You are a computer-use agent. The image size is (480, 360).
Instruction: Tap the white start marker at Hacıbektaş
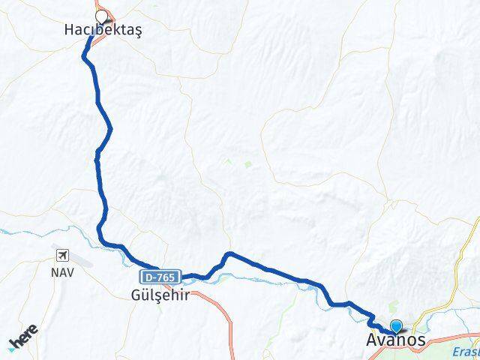[101, 14]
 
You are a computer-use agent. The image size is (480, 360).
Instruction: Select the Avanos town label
[397, 340]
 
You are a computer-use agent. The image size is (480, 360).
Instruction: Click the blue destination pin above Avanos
[396, 326]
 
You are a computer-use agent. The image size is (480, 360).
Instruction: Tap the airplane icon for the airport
[61, 253]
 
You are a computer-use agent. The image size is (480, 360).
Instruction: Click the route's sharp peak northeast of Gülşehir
[229, 254]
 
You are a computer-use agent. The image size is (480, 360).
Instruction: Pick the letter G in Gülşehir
[135, 294]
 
